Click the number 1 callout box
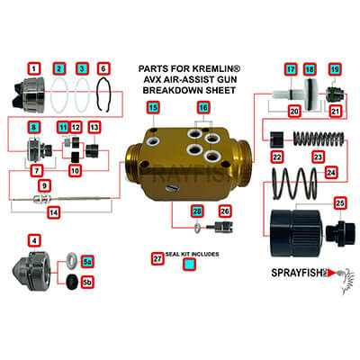[34, 69]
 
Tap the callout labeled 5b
[87, 282]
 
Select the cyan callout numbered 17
[291, 69]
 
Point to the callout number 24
[331, 173]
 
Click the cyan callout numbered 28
[197, 211]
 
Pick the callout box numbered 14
[54, 212]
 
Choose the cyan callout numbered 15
[153, 107]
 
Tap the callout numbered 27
[157, 258]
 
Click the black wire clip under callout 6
[103, 95]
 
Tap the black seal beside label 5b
[72, 282]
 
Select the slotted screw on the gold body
[173, 188]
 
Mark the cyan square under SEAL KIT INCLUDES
[189, 265]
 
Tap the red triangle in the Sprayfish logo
[331, 273]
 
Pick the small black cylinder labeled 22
[276, 139]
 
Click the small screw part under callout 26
[220, 227]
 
